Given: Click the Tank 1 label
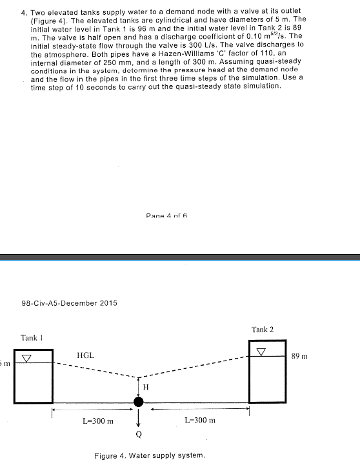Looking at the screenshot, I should (x=32, y=337).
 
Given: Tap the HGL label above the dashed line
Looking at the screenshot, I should (x=85, y=355).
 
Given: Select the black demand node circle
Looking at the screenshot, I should (x=138, y=402).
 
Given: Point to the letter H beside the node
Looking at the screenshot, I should (x=145, y=388).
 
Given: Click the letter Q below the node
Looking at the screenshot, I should (x=138, y=433).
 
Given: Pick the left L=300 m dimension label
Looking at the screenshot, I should (x=98, y=421).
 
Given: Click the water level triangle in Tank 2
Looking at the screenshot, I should (x=261, y=352).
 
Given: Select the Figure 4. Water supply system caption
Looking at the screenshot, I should (x=150, y=455).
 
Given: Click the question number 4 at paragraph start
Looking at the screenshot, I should (x=23, y=12).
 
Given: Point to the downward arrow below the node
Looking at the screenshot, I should (x=138, y=419).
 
